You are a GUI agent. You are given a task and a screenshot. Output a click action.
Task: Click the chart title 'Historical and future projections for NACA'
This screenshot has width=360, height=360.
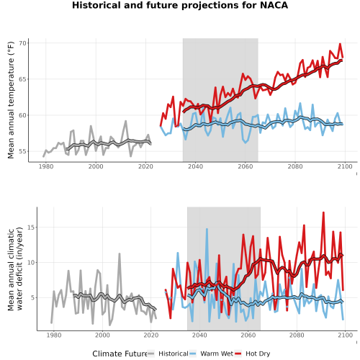click(x=180, y=5)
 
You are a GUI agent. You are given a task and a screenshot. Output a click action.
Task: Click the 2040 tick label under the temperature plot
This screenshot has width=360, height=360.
click(x=195, y=166)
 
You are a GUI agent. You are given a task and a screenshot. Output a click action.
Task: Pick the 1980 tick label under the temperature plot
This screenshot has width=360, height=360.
click(x=46, y=166)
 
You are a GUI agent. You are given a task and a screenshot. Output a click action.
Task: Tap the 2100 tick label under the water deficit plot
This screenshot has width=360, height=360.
click(x=345, y=336)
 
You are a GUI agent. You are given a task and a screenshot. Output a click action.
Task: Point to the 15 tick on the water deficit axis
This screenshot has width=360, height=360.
click(x=32, y=227)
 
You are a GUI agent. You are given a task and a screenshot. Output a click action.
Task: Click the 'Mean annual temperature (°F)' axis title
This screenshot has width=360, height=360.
click(x=11, y=100)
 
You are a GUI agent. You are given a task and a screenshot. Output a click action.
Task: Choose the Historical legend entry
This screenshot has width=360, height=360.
click(x=168, y=354)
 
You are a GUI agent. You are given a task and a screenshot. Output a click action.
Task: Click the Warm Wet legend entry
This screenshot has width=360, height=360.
click(x=211, y=354)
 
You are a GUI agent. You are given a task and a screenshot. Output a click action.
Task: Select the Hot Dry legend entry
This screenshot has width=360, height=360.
click(x=253, y=354)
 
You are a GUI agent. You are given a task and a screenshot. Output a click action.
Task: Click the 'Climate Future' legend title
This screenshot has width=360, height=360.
click(x=120, y=354)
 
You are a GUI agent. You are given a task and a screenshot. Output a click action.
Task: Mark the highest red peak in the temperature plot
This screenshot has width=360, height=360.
click(x=340, y=44)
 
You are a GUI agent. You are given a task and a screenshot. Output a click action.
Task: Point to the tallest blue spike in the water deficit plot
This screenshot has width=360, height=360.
click(x=207, y=229)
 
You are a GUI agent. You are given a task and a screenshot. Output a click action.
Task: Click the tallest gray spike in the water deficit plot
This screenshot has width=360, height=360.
click(x=120, y=253)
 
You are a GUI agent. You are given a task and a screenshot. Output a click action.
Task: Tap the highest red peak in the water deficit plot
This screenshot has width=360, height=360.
click(x=323, y=212)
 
